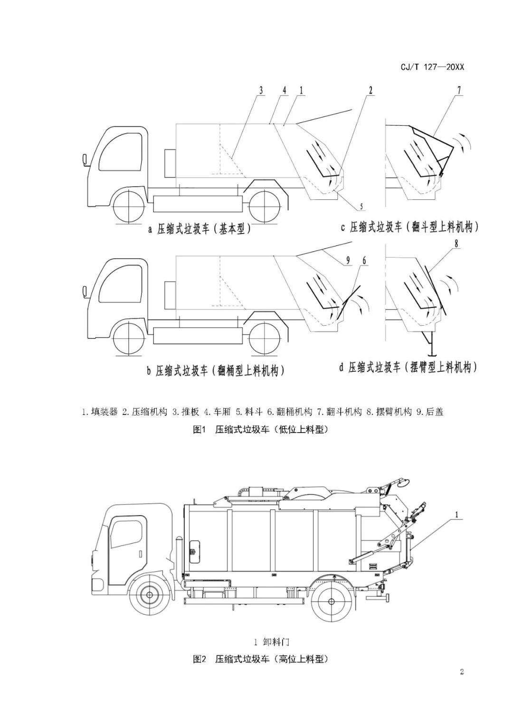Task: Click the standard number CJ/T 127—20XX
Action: (x=432, y=67)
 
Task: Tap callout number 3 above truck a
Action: (x=261, y=91)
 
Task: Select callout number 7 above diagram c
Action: (x=459, y=91)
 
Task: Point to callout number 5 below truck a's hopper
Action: (x=361, y=206)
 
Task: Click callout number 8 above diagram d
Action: (x=456, y=244)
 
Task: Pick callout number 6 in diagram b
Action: (x=365, y=260)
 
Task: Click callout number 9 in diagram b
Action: (x=348, y=260)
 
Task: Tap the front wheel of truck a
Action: (x=129, y=206)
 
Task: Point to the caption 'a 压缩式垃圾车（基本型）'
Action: (x=199, y=229)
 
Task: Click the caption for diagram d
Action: (x=408, y=367)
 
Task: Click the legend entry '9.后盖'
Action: (x=430, y=412)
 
